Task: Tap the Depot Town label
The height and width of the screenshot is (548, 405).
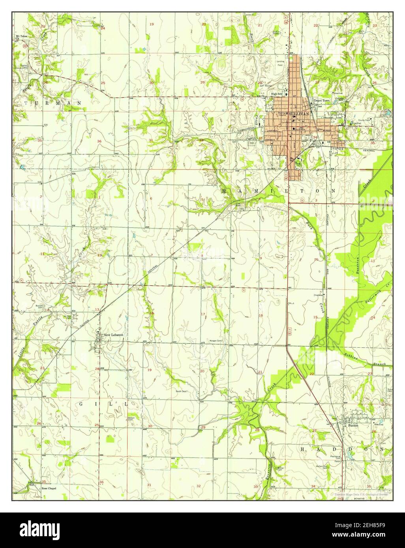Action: pyautogui.click(x=321, y=101)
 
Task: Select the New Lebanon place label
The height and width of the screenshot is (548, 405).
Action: pyautogui.click(x=113, y=335)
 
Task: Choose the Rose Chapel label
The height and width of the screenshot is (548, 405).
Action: pyautogui.click(x=49, y=488)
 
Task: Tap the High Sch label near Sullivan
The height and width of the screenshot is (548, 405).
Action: pyautogui.click(x=276, y=94)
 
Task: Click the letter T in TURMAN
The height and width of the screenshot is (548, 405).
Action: pyautogui.click(x=26, y=103)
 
